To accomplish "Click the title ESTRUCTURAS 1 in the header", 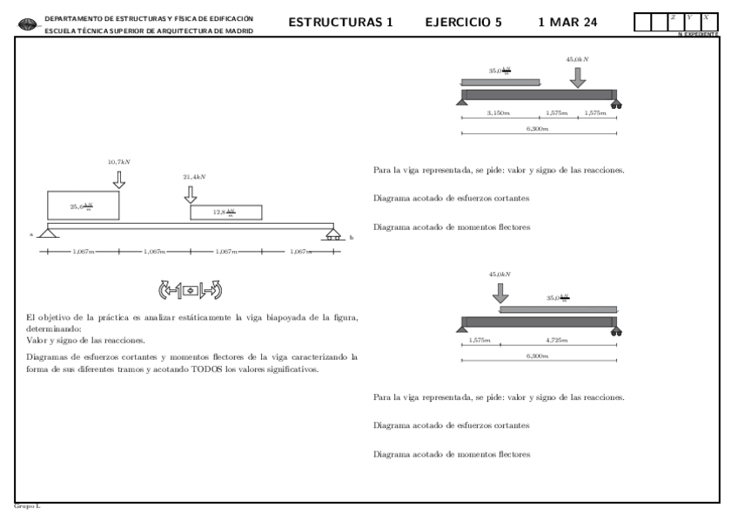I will [341, 23].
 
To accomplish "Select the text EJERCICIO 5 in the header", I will [463, 23].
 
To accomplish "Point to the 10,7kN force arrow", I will [119, 179].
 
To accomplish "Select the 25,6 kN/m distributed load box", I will [84, 206].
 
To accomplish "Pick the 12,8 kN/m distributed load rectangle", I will [225, 213].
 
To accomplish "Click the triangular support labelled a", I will [47, 232].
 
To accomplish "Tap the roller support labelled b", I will [332, 234].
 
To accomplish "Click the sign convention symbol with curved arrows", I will [190, 289].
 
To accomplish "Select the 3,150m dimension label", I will [499, 113].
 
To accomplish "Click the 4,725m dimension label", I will [557, 339].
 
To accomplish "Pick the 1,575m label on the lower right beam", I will [479, 339].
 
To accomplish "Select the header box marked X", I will [707, 23].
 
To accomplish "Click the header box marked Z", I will [674, 23].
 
